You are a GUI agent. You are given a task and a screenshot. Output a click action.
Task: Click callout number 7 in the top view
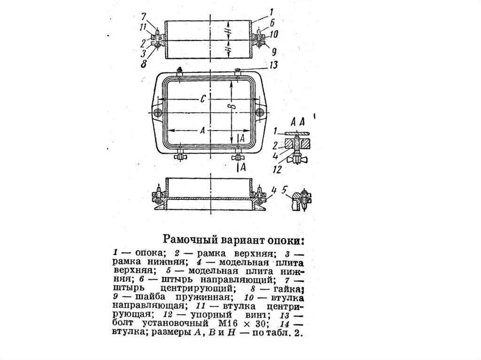tap(144, 17)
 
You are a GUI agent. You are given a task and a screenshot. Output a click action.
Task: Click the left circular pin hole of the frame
tap(156, 113)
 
